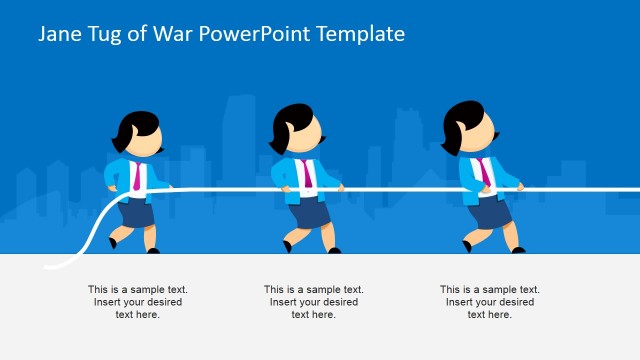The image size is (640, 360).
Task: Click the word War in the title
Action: point(171,34)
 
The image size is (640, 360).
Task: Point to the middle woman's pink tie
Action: point(307,173)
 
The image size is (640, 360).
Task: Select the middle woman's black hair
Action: point(291,125)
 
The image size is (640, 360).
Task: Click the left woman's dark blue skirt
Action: point(135,213)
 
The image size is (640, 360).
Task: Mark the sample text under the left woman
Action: point(138,302)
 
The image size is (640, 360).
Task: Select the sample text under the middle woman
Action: point(314,302)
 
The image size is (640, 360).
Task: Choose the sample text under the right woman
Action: point(490,302)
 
